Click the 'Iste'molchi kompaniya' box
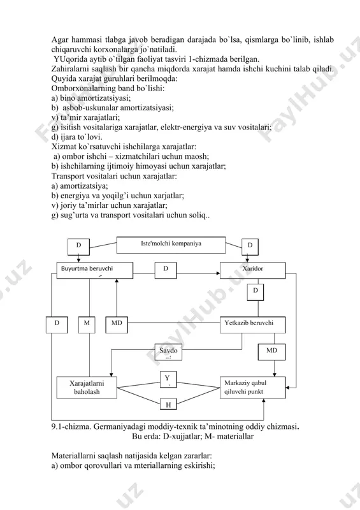[171, 245]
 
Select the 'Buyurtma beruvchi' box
[95, 270]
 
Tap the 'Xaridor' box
[253, 270]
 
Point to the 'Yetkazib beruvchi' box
[253, 324]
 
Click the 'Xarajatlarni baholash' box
[87, 388]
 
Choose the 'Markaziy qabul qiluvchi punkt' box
[253, 388]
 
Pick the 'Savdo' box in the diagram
[168, 352]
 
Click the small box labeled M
[87, 324]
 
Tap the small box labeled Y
[168, 379]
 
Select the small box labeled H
[168, 404]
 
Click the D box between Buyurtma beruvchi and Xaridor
[166, 270]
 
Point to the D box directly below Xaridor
[256, 292]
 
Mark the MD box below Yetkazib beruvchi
[271, 352]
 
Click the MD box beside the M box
[117, 324]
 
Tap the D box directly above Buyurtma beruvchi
[79, 247]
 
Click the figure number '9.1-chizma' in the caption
[70, 426]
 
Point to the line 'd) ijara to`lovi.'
[76, 137]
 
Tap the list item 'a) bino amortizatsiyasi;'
[91, 98]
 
